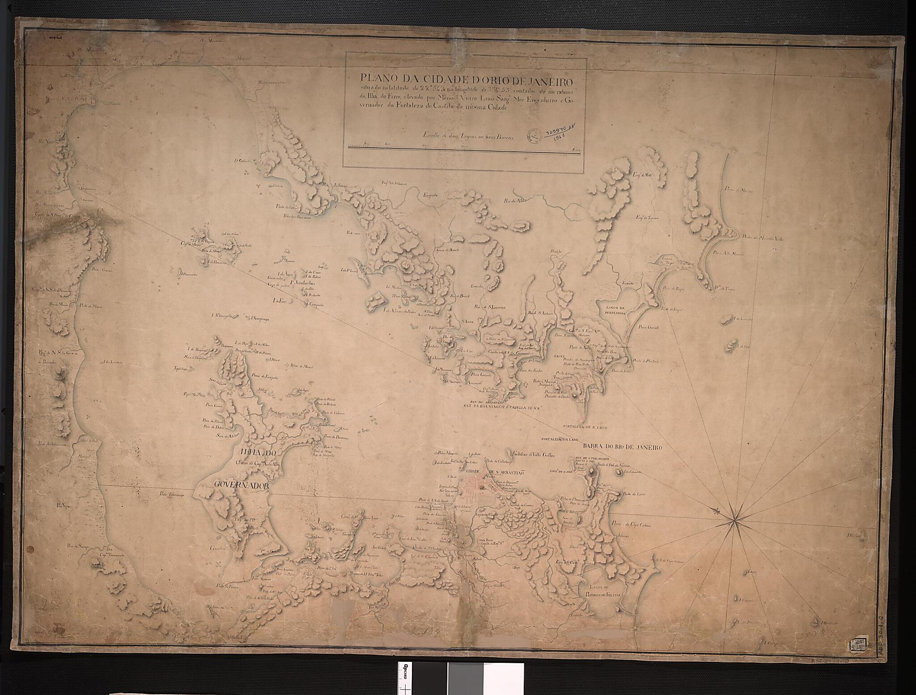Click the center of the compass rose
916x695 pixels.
point(732,520)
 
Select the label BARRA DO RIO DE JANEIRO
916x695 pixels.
point(621,446)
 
